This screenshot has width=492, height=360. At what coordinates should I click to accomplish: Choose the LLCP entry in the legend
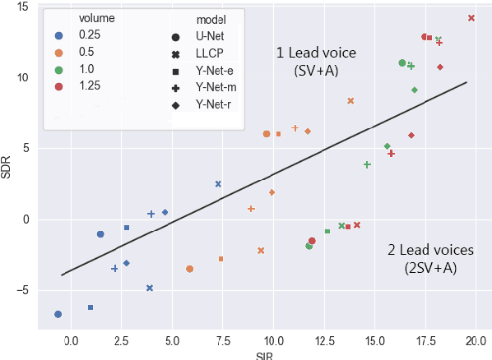209,53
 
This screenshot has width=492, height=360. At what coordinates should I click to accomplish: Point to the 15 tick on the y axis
22,7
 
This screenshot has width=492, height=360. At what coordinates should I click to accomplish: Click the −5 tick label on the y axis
22,290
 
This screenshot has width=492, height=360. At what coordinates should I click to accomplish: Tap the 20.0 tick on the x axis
476,339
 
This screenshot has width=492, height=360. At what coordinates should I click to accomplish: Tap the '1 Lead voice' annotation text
316,53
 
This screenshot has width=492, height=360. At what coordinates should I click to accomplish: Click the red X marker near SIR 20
471,18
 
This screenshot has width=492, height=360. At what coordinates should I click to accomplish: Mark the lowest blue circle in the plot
58,314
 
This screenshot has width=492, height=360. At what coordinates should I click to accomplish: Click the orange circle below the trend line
190,269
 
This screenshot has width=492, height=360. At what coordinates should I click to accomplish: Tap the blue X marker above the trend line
218,184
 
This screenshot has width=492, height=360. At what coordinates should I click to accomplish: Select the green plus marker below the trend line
367,164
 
